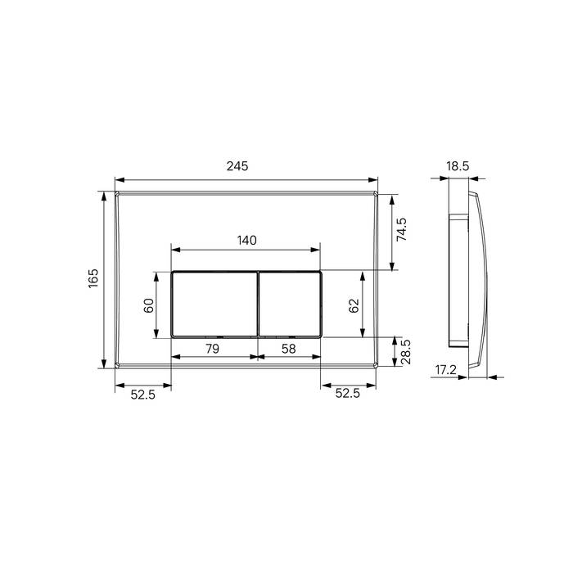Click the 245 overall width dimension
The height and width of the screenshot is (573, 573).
pos(237,166)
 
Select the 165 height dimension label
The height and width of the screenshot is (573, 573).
pos(93,280)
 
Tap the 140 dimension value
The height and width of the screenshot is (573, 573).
pos(246,240)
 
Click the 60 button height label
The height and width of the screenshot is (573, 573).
pos(149,305)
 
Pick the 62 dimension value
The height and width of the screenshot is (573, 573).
pos(354,305)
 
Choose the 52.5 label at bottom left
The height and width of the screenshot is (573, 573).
pos(142,394)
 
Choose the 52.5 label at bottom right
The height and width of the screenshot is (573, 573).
pos(347,394)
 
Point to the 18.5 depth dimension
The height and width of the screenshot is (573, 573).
pos(458,166)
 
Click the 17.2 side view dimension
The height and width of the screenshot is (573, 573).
pos(445,370)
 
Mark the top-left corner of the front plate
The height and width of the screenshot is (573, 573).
pos(117,194)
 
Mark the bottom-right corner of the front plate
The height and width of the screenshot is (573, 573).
pos(376,366)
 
